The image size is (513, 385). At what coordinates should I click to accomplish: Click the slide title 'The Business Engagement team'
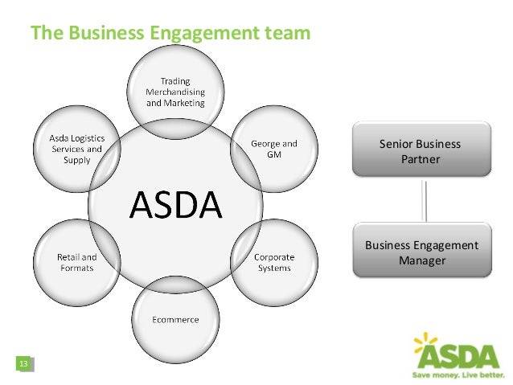tap(170, 33)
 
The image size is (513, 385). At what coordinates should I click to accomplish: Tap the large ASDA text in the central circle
tap(176, 206)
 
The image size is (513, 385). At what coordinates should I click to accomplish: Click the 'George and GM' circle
tap(274, 149)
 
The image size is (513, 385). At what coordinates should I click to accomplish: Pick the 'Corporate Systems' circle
tap(274, 263)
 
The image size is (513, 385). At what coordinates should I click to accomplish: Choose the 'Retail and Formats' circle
tap(76, 263)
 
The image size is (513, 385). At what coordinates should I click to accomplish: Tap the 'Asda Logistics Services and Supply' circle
tap(76, 149)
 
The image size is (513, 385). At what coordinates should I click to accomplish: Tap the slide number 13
tap(23, 366)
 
